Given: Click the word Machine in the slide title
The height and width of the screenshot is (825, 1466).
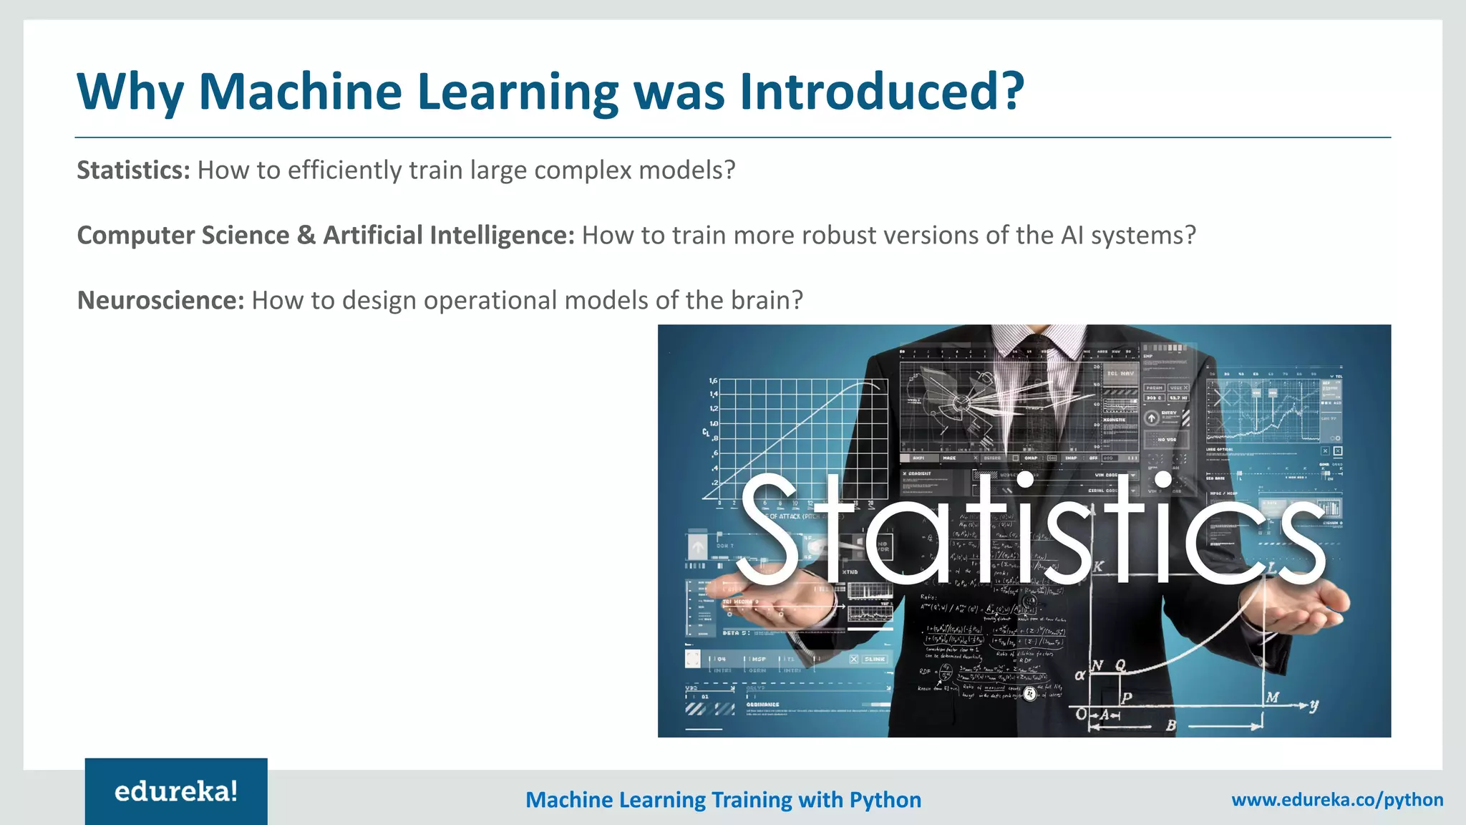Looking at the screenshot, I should [301, 92].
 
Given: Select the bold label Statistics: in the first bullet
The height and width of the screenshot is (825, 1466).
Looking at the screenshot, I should [133, 170].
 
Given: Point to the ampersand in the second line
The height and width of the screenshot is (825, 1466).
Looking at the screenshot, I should [306, 236].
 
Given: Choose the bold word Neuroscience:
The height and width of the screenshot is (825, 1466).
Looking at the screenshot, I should [161, 301].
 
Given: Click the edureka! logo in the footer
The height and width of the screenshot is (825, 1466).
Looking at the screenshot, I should [176, 791].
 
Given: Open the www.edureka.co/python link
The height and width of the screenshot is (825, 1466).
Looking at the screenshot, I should [1337, 800].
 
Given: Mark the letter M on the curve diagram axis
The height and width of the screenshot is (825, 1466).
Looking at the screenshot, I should [1272, 697].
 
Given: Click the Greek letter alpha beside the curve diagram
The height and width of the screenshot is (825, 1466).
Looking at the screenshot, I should [1080, 675].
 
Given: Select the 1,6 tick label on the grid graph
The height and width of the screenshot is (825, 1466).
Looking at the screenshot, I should [713, 381].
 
